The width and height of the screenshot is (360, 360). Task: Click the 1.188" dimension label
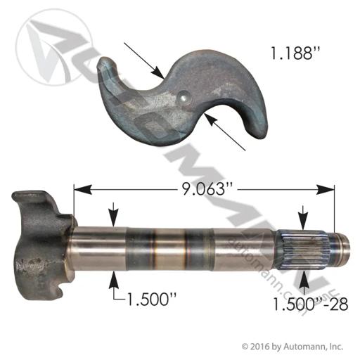[295, 54]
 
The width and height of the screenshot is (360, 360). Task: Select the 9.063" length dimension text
[204, 189]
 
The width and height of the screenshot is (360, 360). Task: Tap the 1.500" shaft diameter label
[151, 300]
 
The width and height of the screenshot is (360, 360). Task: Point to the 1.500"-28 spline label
[311, 305]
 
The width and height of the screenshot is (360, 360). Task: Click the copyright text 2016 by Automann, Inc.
[292, 347]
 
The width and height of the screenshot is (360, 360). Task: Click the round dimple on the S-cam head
[184, 98]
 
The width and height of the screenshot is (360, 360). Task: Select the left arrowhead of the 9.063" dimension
[82, 189]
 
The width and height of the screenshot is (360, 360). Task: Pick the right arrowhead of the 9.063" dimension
[325, 189]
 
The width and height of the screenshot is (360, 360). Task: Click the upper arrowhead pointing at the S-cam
[157, 72]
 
